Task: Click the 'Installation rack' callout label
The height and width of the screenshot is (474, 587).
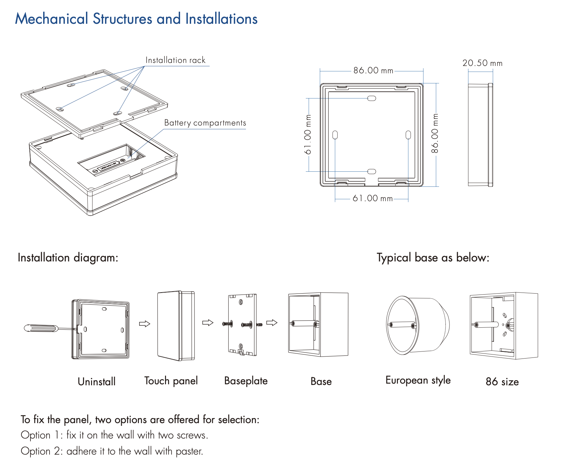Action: [175, 60]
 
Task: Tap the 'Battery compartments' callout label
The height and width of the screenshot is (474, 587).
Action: [205, 123]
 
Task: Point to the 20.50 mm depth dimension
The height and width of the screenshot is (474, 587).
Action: [482, 63]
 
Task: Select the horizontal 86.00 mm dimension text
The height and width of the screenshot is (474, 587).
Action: [373, 70]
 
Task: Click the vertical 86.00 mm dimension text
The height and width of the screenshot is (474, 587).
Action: [435, 133]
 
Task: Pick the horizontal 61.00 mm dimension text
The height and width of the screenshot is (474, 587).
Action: [372, 198]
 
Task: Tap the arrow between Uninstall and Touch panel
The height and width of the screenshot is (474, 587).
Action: [145, 324]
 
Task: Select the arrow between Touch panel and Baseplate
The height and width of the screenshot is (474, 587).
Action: [208, 323]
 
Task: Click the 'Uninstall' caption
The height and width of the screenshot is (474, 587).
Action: [96, 382]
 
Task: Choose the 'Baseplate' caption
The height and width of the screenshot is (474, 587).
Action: [246, 381]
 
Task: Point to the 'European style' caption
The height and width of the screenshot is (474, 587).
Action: [418, 380]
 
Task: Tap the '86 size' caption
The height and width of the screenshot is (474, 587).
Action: [502, 382]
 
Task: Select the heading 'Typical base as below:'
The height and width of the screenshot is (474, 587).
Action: [433, 258]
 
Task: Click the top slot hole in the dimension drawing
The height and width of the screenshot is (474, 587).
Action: [372, 98]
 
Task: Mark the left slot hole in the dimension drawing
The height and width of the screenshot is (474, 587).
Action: [335, 135]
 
